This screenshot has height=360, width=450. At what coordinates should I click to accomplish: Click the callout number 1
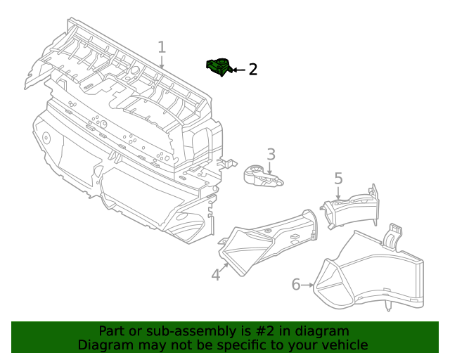pos(162,47)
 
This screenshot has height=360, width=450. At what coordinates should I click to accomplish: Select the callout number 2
pos(252,69)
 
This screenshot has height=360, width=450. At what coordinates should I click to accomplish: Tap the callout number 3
pos(270,154)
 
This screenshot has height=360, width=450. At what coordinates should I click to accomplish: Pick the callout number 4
pos(216,275)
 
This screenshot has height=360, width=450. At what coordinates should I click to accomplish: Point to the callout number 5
pos(338,179)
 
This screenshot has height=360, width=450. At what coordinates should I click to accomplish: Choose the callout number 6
pos(296,284)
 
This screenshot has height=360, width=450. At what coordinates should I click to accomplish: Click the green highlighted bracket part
pos(219,67)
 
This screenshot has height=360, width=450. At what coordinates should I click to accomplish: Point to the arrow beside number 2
pos(238,70)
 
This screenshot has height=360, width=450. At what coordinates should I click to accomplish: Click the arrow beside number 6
pos(308,285)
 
